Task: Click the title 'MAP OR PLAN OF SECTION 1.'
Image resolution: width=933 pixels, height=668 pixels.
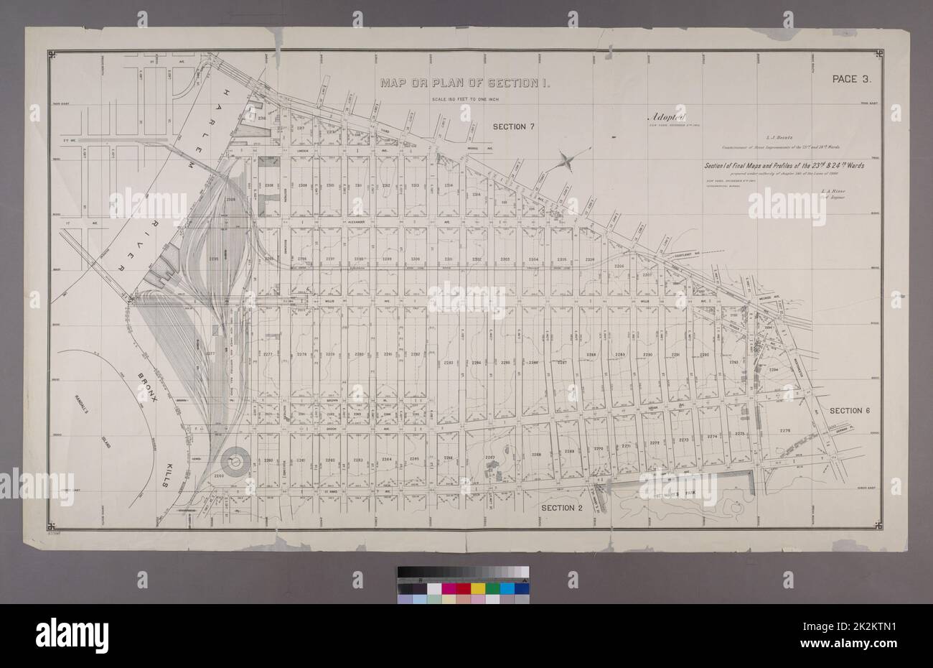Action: pyautogui.click(x=465, y=83)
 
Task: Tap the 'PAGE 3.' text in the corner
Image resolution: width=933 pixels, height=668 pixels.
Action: pyautogui.click(x=851, y=80)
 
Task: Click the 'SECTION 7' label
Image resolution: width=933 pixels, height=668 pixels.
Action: pyautogui.click(x=513, y=127)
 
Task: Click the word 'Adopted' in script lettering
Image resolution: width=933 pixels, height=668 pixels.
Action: pyautogui.click(x=667, y=117)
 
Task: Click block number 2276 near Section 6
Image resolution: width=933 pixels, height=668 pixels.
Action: pyautogui.click(x=784, y=430)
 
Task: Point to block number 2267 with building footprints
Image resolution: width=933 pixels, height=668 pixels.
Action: pyautogui.click(x=490, y=458)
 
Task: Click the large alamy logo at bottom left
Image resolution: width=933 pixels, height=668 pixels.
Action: pyautogui.click(x=72, y=634)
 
